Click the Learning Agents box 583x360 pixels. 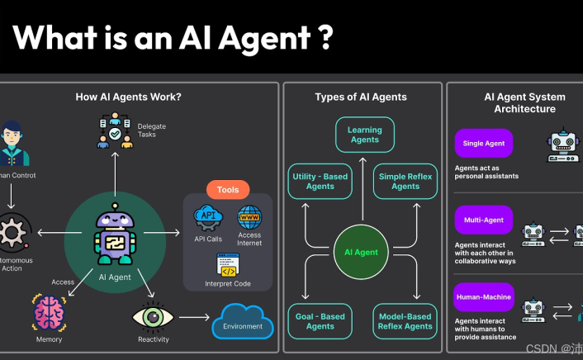pos(364,135)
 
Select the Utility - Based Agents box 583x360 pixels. pos(319,181)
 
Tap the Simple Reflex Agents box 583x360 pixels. pos(405,181)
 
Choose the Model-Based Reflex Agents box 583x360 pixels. pos(405,321)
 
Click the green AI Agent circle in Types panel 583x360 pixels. pos(361,251)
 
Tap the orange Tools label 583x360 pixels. pos(227,190)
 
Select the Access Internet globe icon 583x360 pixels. pos(249,218)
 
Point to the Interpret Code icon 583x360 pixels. pos(228,265)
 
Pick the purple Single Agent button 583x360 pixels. pos(484,144)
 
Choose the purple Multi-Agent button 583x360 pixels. pos(484,220)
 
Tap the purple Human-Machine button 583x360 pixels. pos(484,297)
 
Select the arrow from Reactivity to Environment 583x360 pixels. pos(194,316)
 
